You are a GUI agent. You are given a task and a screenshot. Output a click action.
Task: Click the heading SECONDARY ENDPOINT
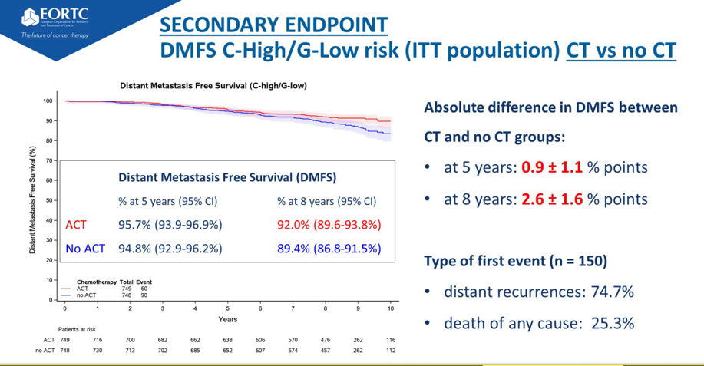pyautogui.click(x=273, y=23)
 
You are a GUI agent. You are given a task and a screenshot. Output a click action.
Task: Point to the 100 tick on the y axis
pyautogui.click(x=48, y=101)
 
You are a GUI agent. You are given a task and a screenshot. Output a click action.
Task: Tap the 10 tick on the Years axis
pyautogui.click(x=390, y=308)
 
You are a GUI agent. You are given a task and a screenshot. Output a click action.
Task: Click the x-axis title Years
pyautogui.click(x=227, y=318)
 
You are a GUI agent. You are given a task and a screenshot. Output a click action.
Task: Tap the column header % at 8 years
pyautogui.click(x=326, y=202)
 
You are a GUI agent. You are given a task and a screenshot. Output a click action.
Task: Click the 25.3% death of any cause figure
pyautogui.click(x=612, y=323)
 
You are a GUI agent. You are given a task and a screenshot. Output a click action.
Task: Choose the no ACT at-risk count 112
pyautogui.click(x=390, y=351)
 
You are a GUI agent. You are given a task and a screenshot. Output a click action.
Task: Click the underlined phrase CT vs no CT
pyautogui.click(x=621, y=51)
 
